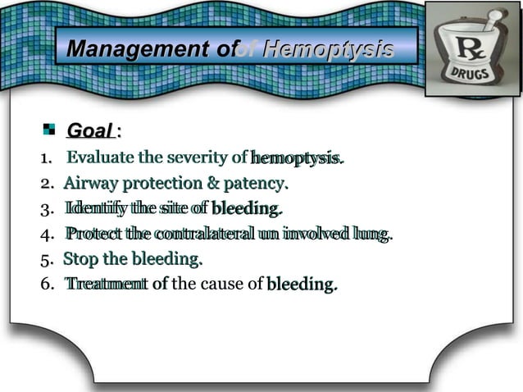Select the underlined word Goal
pyautogui.click(x=89, y=130)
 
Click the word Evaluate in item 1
pyautogui.click(x=100, y=157)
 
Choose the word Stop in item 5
pyautogui.click(x=80, y=260)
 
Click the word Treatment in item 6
pyautogui.click(x=98, y=285)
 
